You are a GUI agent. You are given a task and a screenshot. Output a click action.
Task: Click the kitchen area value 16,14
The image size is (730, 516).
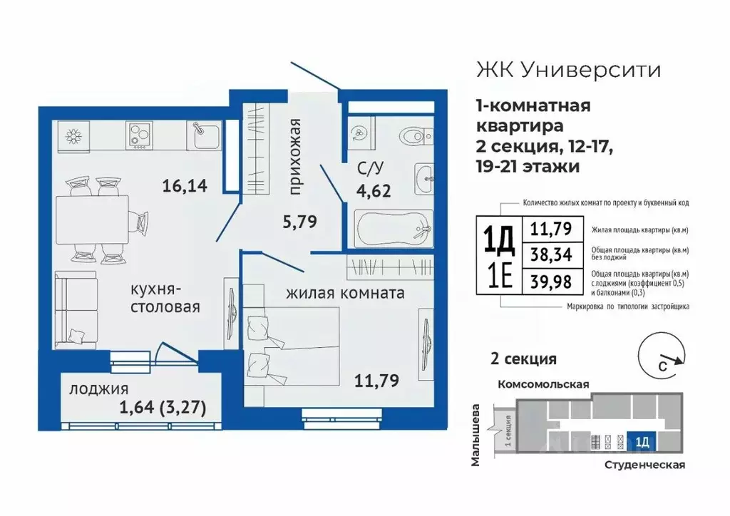click(185, 187)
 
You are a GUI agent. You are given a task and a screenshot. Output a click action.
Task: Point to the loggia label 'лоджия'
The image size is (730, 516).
click(98, 389)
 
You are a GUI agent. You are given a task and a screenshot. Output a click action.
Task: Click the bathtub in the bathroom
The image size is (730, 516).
click(394, 229)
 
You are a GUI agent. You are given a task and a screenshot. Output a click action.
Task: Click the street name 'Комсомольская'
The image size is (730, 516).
click(543, 383)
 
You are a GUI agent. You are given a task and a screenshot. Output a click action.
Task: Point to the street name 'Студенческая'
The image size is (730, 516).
click(643, 465)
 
